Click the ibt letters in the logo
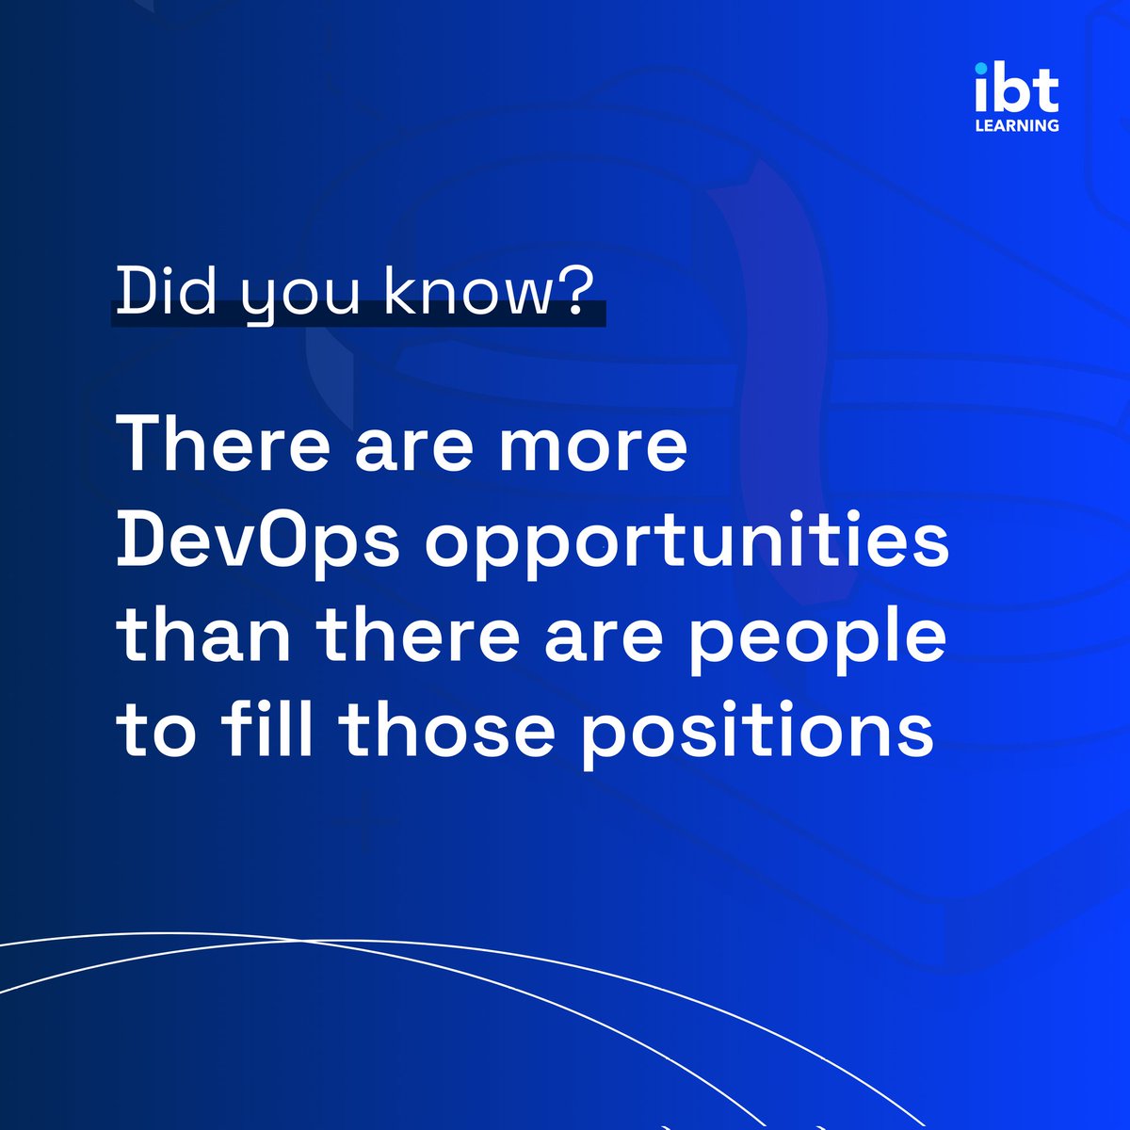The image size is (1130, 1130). tap(1016, 90)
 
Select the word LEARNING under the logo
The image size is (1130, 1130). tap(1016, 124)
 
